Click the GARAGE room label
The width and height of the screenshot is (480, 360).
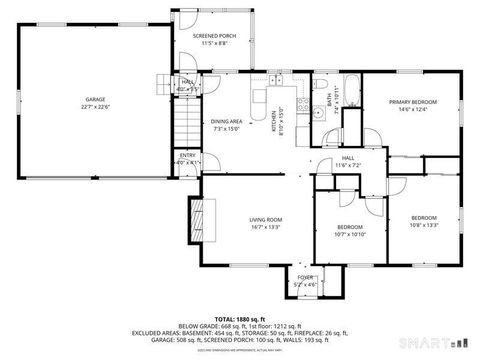tap(96, 100)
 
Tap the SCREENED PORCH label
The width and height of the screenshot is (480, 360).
tap(214, 37)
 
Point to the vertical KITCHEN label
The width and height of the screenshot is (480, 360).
tap(275, 120)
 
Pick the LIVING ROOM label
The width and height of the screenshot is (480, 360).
tap(265, 219)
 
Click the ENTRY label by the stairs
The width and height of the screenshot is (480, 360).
tap(188, 155)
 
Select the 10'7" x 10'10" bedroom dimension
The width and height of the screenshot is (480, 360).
tap(350, 234)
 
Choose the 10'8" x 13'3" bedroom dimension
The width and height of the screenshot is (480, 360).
tap(424, 225)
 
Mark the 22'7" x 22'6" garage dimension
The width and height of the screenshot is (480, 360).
tap(96, 106)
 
